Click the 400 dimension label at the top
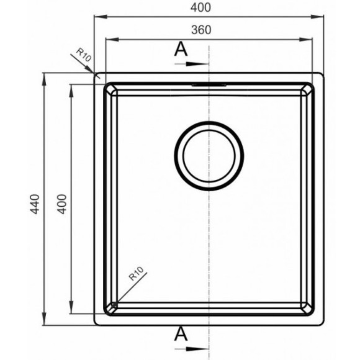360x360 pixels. [200, 7]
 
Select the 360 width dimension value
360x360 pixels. [201, 30]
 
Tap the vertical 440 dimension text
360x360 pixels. [35, 204]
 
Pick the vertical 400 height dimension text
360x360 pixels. [62, 204]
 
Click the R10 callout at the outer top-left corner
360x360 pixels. [84, 55]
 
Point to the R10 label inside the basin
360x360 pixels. [137, 274]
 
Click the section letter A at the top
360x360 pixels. [181, 50]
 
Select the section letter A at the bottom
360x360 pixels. [181, 334]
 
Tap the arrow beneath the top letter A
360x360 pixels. [192, 64]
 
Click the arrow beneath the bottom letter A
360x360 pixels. [192, 349]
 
